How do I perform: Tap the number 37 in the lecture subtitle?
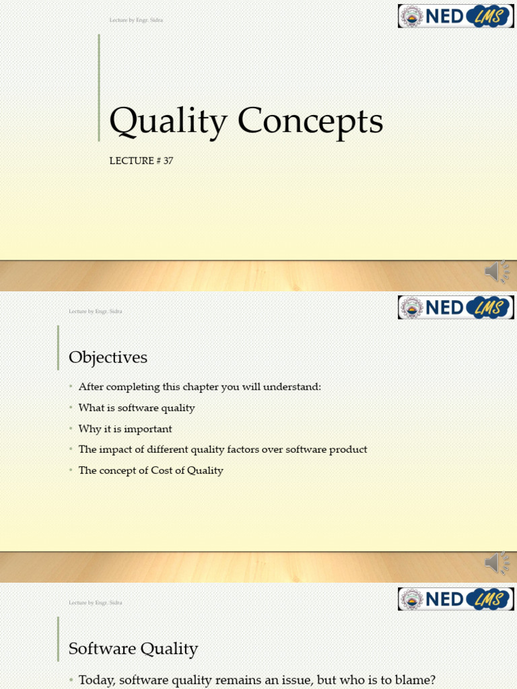(x=168, y=161)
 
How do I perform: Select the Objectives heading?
(x=108, y=357)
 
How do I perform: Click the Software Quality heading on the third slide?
(x=133, y=649)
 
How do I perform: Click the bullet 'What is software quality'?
(x=137, y=408)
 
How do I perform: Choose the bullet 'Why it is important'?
(x=125, y=429)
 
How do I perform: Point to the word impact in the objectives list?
(x=113, y=449)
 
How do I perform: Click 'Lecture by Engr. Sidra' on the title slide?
(x=136, y=20)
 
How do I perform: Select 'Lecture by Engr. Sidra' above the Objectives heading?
(x=95, y=312)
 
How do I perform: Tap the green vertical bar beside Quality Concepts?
(x=99, y=87)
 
